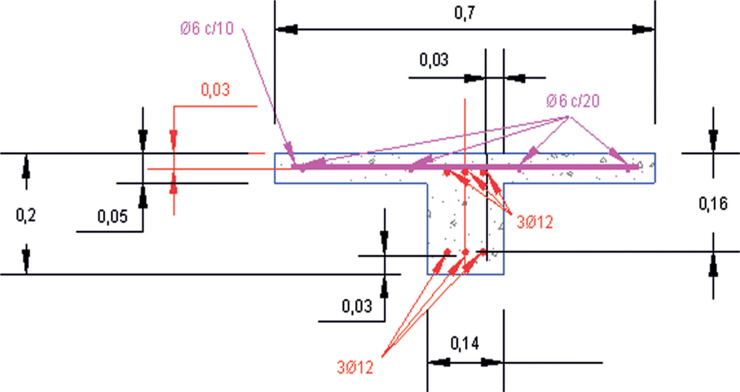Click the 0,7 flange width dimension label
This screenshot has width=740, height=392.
click(464, 13)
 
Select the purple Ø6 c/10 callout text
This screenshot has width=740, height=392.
click(207, 28)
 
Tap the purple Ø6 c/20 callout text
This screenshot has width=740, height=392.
click(573, 101)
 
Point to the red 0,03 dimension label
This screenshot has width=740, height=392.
click(215, 90)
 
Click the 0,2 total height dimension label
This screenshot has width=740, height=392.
click(26, 215)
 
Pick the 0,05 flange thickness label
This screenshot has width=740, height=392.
click(113, 216)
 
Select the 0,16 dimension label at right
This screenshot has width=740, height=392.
click(713, 204)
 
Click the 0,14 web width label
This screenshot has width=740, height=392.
click(465, 343)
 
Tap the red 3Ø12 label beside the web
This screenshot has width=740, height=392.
click(535, 222)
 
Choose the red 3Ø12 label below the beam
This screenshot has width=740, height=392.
click(355, 367)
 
